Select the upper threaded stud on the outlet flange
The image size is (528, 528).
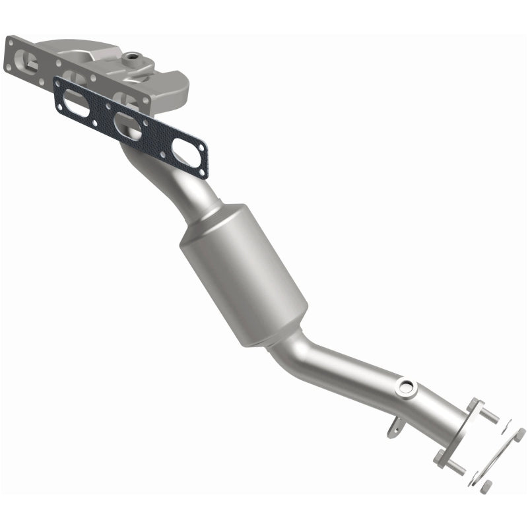488,416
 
